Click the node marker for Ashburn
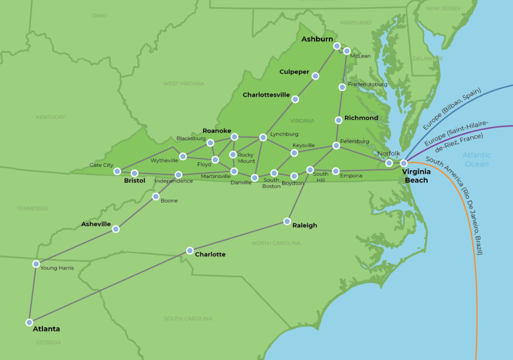pos(337,46)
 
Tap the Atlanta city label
pos(46,329)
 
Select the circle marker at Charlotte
pos(190,251)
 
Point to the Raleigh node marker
pos(287,221)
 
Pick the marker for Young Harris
pos(36,264)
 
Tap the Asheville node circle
pos(116,229)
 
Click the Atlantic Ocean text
pos(477,159)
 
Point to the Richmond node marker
pos(339,120)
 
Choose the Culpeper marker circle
pos(315,76)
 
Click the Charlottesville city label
pos(266,95)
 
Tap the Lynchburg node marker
pos(263,137)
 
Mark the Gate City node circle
pos(117,171)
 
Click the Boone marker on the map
pos(155,197)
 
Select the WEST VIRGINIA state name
pos(184,84)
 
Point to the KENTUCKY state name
pos(50,117)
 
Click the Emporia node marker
pos(336,171)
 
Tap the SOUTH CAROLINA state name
pos(188,319)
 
